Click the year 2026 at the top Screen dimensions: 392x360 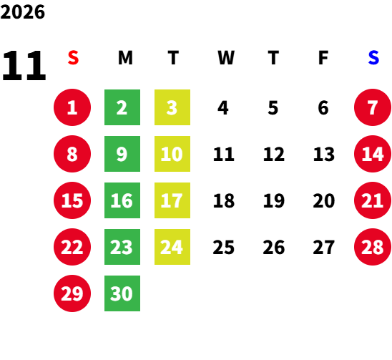(x=22, y=11)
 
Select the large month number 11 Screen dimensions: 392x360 (x=24, y=65)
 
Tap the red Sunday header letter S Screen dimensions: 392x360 (x=73, y=57)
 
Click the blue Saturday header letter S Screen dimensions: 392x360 (x=373, y=57)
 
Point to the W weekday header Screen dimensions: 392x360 (x=226, y=58)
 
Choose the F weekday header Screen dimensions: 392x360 (x=323, y=58)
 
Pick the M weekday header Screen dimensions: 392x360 (x=125, y=58)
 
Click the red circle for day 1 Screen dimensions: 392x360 (x=72, y=107)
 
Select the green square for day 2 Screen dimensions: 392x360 (x=122, y=107)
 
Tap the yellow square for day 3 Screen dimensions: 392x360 (x=172, y=107)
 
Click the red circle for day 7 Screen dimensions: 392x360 (x=373, y=107)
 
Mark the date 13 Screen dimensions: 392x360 (x=324, y=154)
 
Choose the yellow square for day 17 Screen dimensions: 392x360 (x=172, y=200)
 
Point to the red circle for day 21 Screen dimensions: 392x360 (x=373, y=200)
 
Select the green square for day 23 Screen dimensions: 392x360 (x=122, y=247)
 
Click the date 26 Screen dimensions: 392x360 (x=274, y=247)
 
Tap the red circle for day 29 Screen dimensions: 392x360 (x=72, y=293)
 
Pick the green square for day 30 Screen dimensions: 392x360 (x=122, y=293)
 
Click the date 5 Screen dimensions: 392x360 (x=273, y=108)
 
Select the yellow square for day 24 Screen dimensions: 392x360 (x=172, y=247)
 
